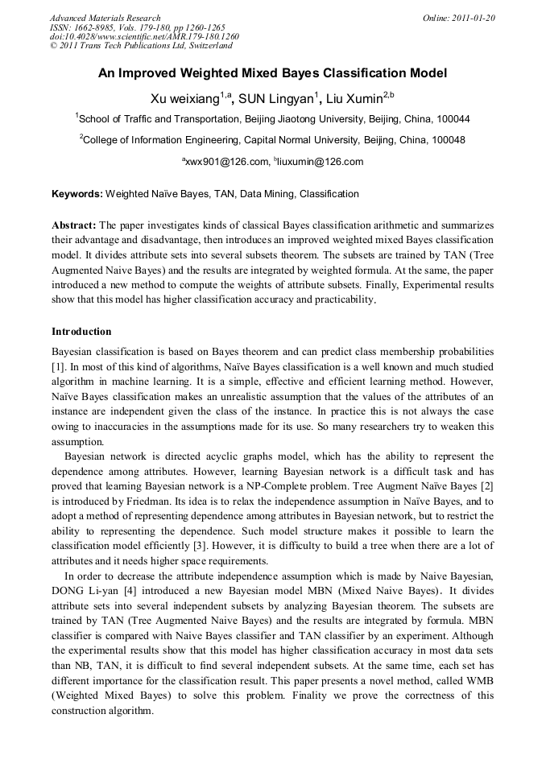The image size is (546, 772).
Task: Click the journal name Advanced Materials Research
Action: [105, 18]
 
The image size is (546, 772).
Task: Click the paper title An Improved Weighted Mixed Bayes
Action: [272, 73]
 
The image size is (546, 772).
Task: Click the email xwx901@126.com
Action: [227, 162]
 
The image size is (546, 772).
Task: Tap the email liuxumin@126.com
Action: [321, 162]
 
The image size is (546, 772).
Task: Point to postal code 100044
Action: [452, 119]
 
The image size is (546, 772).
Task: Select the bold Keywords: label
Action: [77, 194]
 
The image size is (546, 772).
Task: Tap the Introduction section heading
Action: [81, 332]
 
